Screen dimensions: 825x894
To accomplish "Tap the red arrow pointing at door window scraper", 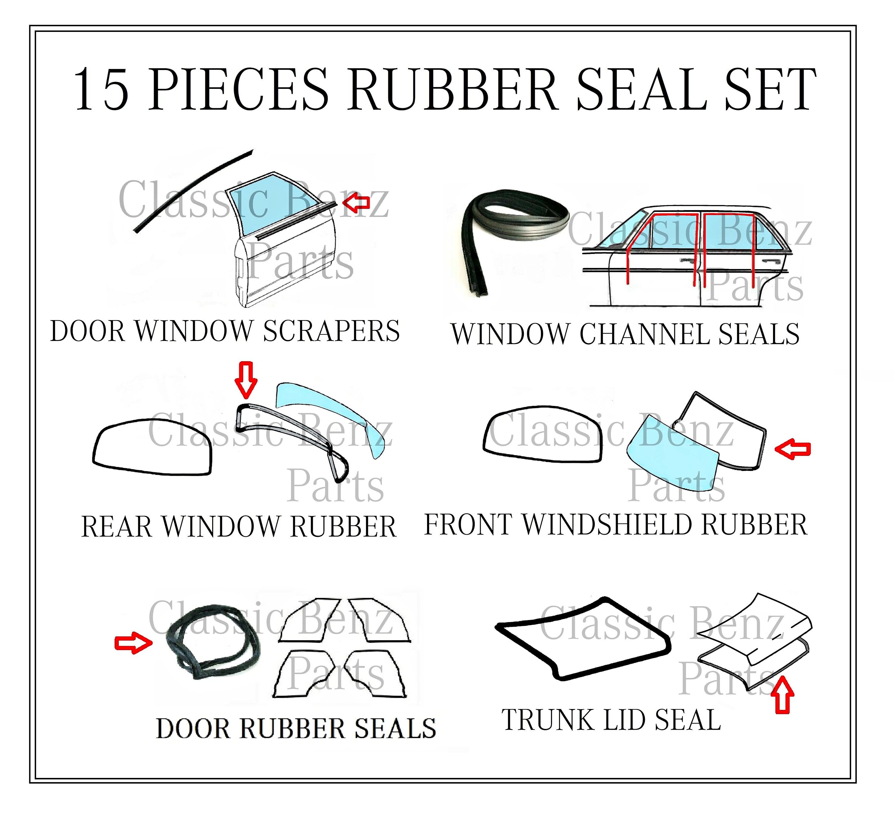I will point(357,202).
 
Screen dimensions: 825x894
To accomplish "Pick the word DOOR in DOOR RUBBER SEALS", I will point(193,729).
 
